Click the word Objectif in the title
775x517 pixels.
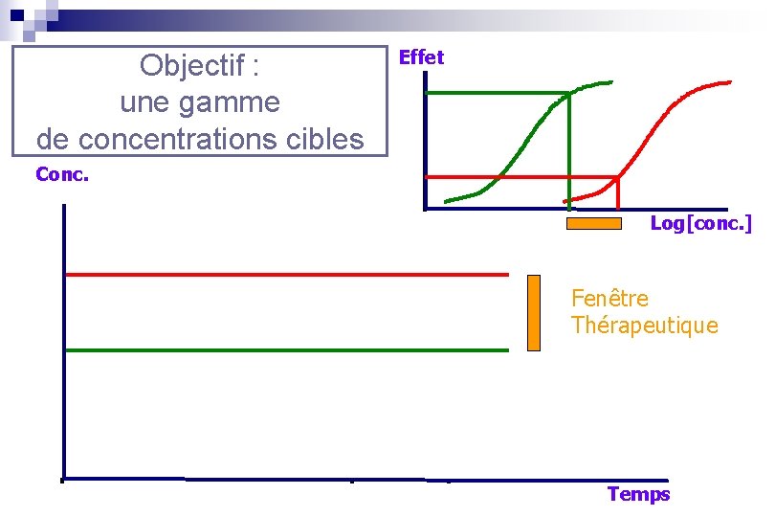(x=192, y=66)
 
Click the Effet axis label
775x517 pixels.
(x=421, y=57)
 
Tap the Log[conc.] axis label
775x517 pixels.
(x=700, y=223)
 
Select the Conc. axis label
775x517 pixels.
(x=61, y=174)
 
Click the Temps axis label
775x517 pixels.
(x=638, y=494)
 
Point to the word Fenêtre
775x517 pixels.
(x=609, y=299)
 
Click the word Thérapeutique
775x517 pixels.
(x=644, y=326)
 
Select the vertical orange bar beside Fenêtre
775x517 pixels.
(x=533, y=312)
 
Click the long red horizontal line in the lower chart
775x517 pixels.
(x=287, y=275)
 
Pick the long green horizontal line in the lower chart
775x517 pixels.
(x=287, y=350)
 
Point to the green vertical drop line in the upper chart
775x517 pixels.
(x=570, y=153)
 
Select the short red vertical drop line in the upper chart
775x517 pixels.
(x=618, y=193)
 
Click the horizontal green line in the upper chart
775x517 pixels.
(x=498, y=93)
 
